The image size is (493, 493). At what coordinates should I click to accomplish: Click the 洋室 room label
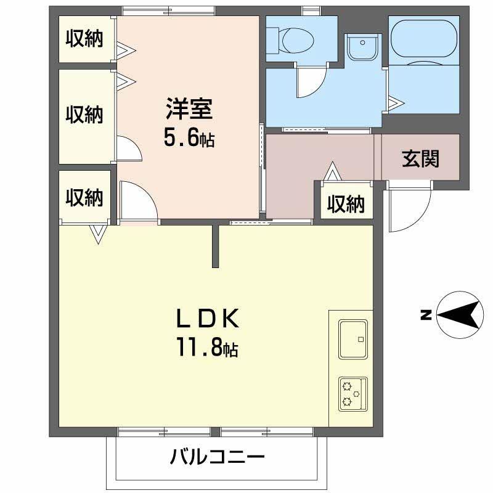click(189, 109)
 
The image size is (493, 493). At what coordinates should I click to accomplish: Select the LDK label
click(208, 319)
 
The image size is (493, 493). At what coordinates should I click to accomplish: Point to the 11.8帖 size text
click(208, 347)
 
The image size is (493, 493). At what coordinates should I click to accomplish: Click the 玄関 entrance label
click(420, 158)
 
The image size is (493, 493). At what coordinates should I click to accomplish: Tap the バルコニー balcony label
click(217, 456)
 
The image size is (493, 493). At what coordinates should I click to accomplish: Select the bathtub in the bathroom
click(424, 38)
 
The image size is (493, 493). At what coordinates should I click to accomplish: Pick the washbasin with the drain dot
click(362, 47)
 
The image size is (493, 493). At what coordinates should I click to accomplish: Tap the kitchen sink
click(353, 340)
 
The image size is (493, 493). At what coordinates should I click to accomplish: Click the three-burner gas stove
click(353, 394)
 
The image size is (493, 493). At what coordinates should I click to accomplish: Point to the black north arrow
click(460, 315)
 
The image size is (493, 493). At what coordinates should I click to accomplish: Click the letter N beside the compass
click(426, 315)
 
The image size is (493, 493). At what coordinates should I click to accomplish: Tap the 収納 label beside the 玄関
click(346, 204)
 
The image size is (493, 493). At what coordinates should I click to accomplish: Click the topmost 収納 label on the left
click(84, 38)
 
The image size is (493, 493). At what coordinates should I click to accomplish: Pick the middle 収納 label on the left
click(84, 114)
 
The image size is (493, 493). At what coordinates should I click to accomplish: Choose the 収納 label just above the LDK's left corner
click(84, 197)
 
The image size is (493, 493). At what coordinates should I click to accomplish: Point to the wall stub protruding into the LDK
click(215, 245)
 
